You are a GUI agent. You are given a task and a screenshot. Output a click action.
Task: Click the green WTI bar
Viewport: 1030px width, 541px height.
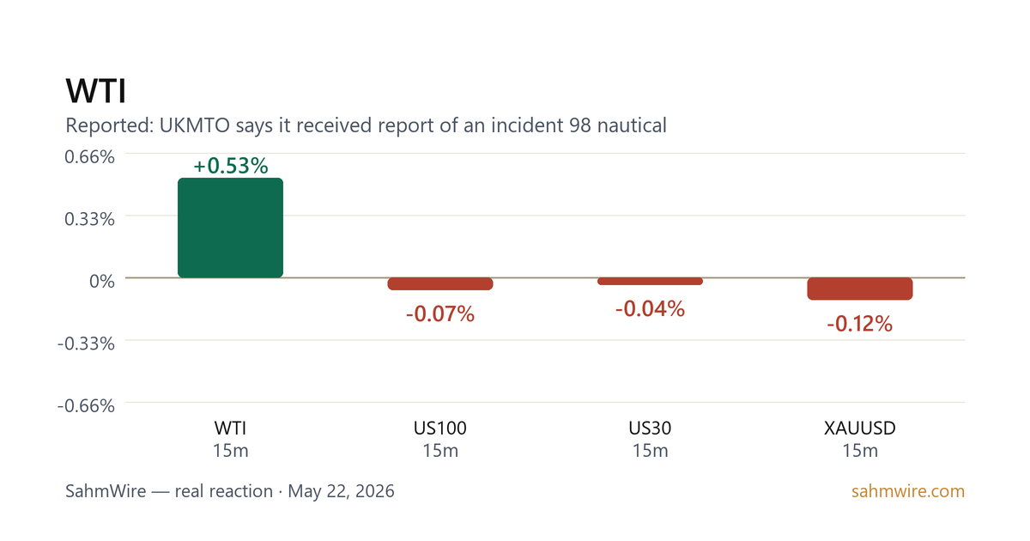coord(230,228)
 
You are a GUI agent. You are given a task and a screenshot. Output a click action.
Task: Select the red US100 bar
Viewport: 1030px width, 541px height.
coord(440,284)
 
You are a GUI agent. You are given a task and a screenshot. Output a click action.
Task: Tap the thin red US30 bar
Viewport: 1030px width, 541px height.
coord(651,281)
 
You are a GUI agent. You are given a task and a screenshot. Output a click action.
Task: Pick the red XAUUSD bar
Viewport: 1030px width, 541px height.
coord(860,289)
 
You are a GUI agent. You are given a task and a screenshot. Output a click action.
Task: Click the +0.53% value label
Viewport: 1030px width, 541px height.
coord(230,166)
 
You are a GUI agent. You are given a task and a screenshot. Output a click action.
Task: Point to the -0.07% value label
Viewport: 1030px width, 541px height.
coord(440,314)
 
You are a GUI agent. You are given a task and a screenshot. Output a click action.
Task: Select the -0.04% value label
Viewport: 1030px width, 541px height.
coord(651,308)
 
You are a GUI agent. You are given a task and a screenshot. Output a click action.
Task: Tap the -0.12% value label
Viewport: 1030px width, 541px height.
coord(860,324)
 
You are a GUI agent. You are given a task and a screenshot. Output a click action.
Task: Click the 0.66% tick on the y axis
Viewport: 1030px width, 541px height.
coord(89,157)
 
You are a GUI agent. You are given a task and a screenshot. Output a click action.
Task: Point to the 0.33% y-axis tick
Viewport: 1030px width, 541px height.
coord(89,219)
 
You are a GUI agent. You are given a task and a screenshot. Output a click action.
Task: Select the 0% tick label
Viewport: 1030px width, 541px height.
coord(102,281)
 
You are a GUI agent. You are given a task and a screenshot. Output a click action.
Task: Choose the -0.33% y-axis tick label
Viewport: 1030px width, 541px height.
coord(86,343)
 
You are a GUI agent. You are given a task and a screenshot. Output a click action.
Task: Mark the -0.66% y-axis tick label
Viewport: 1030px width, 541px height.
coord(86,405)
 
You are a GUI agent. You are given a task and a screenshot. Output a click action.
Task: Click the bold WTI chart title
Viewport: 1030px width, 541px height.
coord(95,91)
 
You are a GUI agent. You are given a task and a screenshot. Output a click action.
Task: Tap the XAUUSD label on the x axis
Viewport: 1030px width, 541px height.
coord(860,429)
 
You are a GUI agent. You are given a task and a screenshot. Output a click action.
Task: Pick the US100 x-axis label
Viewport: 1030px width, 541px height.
coord(440,429)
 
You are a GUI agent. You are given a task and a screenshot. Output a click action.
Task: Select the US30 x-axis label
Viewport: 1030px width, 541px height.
coord(651,429)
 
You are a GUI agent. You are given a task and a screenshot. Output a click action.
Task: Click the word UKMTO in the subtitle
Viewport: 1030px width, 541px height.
coord(195,125)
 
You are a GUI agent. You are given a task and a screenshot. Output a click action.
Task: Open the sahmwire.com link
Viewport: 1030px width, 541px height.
coord(908,491)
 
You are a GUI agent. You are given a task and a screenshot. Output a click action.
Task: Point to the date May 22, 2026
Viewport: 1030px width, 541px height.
coord(342,491)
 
